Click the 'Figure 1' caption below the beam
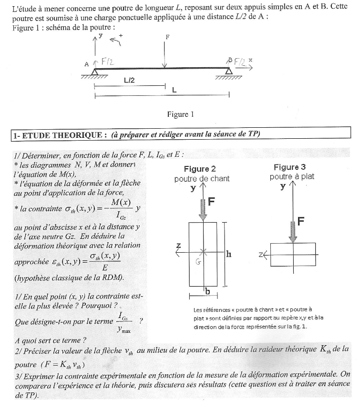point(180,114)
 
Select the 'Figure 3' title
point(289,167)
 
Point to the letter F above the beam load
point(167,36)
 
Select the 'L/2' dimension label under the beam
point(129,81)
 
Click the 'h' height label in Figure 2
point(229,254)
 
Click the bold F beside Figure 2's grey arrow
point(212,201)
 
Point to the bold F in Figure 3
point(301,221)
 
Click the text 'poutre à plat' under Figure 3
point(291,176)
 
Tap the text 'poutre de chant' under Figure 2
point(202,178)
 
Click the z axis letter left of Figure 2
point(178,246)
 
